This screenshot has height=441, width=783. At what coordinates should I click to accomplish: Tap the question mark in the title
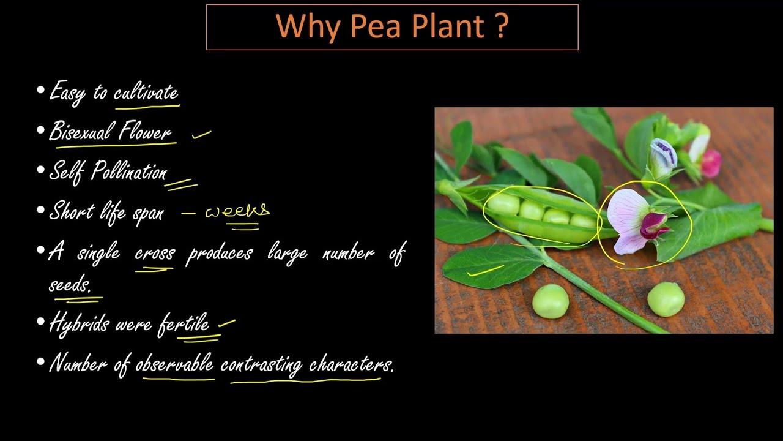(502, 26)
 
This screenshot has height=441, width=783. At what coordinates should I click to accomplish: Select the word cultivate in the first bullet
(146, 92)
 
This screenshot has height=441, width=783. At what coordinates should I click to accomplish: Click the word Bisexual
(81, 131)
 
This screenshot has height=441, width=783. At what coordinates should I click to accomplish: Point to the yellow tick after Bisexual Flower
(201, 134)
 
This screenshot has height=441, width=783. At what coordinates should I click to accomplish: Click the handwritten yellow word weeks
(237, 211)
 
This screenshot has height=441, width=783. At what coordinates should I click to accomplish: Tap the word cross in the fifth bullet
(155, 252)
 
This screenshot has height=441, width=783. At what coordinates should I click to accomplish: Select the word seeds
(69, 285)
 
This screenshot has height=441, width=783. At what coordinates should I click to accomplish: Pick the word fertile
(184, 323)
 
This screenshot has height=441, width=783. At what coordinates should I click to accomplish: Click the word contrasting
(261, 364)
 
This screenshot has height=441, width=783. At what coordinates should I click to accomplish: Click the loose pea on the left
(551, 301)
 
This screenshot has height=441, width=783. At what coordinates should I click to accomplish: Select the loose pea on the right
(666, 299)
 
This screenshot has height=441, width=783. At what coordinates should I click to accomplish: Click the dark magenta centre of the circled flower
(653, 224)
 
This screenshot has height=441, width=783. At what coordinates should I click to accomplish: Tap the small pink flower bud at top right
(711, 162)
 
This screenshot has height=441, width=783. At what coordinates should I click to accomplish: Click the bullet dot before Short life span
(41, 211)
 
